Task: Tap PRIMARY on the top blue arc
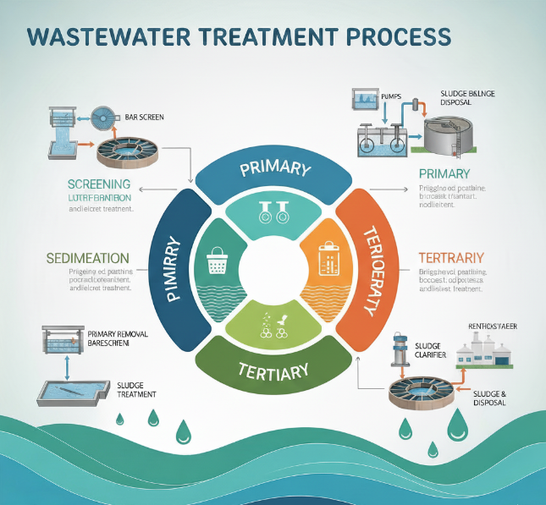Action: (x=274, y=168)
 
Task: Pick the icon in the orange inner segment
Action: (x=328, y=258)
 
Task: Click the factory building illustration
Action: (x=483, y=350)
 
